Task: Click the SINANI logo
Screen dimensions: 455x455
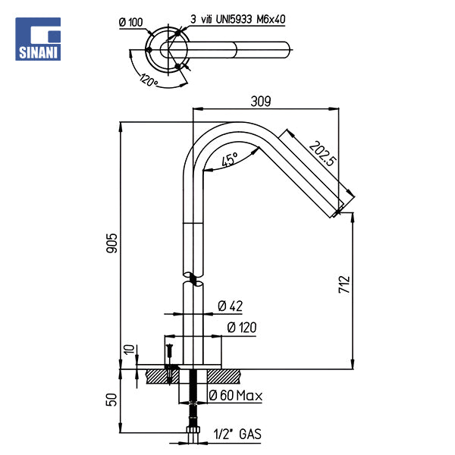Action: click(40, 39)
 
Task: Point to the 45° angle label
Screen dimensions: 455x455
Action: click(230, 160)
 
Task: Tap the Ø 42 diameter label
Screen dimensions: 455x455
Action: click(230, 306)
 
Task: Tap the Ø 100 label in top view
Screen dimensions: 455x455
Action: click(131, 22)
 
